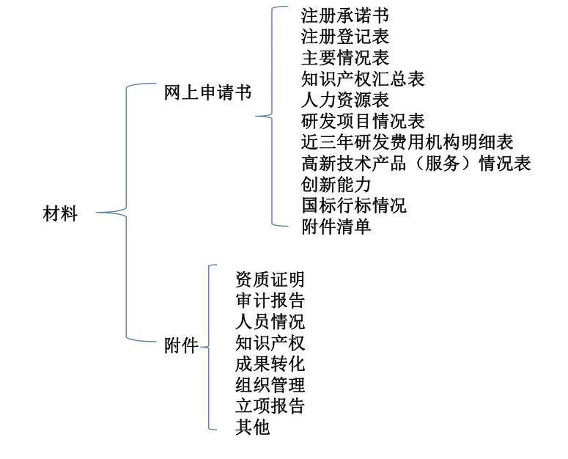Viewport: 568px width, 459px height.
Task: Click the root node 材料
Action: click(59, 215)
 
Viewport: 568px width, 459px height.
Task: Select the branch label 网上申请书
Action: click(207, 94)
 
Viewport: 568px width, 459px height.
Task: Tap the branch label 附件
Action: click(181, 345)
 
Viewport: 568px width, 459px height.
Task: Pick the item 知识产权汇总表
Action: click(363, 78)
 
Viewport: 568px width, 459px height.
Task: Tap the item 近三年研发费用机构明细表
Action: click(407, 142)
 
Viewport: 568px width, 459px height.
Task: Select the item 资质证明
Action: click(270, 279)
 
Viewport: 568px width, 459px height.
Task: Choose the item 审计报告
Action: click(270, 301)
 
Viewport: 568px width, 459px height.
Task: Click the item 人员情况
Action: click(270, 321)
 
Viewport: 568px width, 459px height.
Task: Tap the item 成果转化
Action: click(270, 364)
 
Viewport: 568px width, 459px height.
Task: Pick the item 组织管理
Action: click(270, 384)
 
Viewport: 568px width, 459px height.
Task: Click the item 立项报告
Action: click(270, 405)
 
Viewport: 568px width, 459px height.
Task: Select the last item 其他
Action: click(252, 427)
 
